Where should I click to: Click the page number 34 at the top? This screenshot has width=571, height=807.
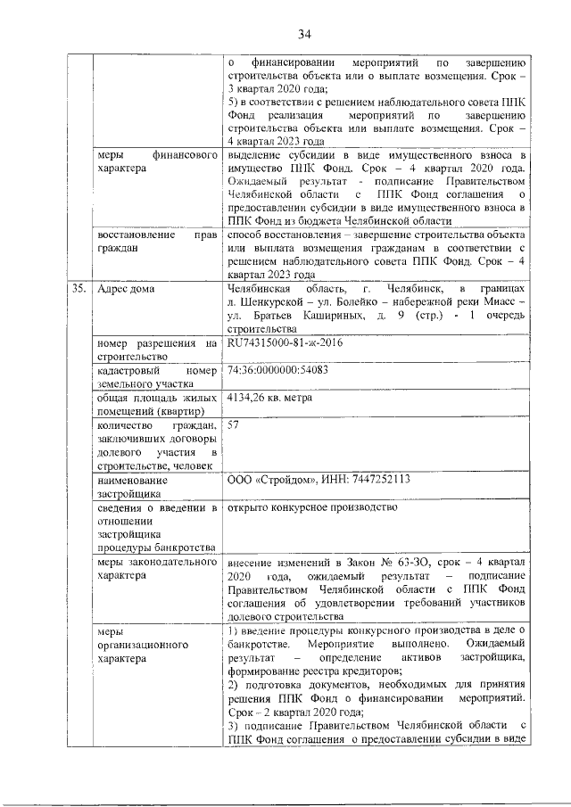[303, 35]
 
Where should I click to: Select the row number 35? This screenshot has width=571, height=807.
[77, 289]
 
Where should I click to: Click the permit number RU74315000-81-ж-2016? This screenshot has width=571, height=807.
[285, 342]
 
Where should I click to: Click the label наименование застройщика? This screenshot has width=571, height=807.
[134, 486]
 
